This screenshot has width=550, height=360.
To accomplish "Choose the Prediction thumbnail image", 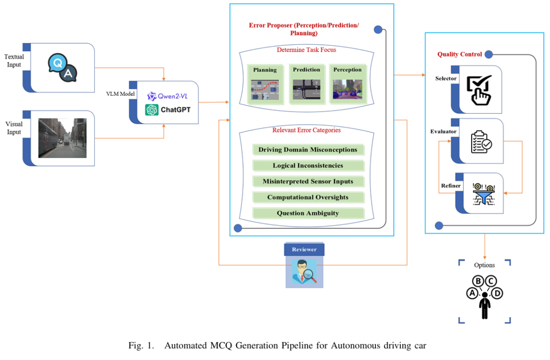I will click(x=307, y=87).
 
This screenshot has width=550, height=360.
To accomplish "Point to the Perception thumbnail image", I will click(x=347, y=87).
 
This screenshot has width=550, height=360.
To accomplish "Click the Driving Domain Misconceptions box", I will click(x=309, y=150).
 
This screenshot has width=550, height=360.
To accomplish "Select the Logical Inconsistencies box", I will click(x=309, y=165).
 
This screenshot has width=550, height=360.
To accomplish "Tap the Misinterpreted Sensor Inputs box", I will click(x=309, y=181).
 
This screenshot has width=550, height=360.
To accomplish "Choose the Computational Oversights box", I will click(x=309, y=197).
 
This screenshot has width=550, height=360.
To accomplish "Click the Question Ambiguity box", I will click(x=309, y=213).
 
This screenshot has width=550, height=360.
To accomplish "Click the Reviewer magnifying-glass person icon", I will click(x=304, y=271).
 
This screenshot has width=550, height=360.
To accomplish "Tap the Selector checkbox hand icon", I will click(x=479, y=89).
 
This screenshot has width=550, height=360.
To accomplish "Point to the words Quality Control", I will click(x=459, y=54).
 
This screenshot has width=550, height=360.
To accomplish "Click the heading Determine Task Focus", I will click(x=307, y=50).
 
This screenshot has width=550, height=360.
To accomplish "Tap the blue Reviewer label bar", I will click(x=304, y=250).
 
